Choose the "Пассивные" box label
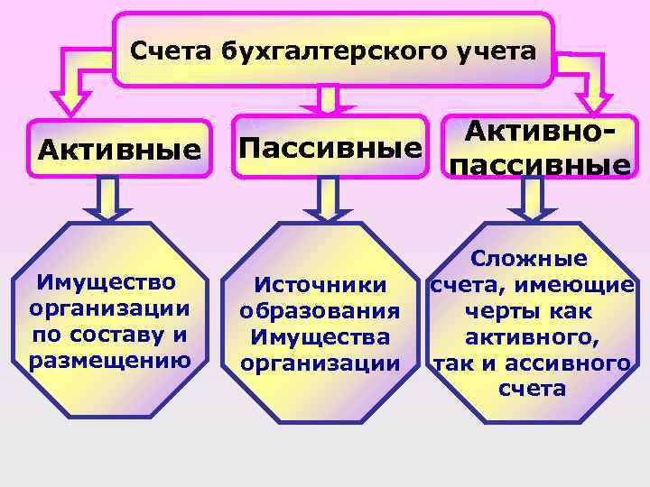[330, 146]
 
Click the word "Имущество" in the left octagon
[107, 283]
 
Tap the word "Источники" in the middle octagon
[320, 286]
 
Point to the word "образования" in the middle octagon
[320, 312]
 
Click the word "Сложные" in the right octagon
[532, 260]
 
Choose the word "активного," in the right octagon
[532, 337]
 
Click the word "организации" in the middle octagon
[320, 364]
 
